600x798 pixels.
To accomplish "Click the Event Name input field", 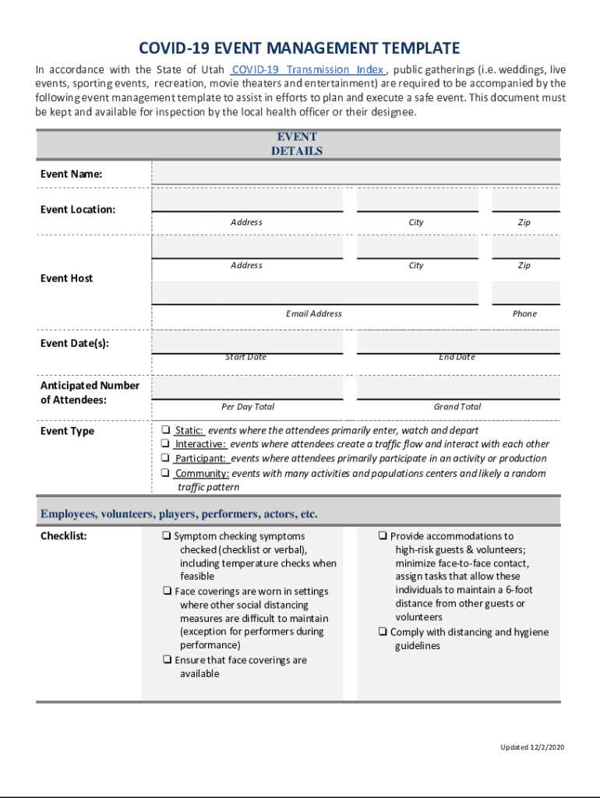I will click(x=355, y=173).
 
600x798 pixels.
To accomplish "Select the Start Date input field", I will click(x=247, y=342).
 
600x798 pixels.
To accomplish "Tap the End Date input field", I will click(x=457, y=342).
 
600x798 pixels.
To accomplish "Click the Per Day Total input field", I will click(x=247, y=387).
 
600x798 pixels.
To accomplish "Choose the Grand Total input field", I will click(x=457, y=387).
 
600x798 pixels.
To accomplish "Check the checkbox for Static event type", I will click(x=166, y=430).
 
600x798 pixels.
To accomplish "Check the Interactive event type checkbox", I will click(x=166, y=444).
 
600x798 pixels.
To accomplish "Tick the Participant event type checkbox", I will click(x=166, y=458).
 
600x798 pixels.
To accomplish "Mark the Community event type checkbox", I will click(x=166, y=473).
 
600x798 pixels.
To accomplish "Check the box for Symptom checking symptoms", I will click(x=167, y=536).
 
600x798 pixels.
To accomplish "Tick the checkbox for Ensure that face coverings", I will click(x=167, y=660).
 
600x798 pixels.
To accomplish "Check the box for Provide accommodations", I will click(x=383, y=536).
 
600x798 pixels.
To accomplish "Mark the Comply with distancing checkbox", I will click(x=383, y=632).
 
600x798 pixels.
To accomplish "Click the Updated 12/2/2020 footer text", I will click(x=531, y=747).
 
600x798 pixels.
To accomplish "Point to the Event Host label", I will click(x=66, y=278).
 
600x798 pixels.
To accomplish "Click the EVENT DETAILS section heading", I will click(x=297, y=144).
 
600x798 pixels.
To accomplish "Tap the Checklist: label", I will click(x=64, y=536).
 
